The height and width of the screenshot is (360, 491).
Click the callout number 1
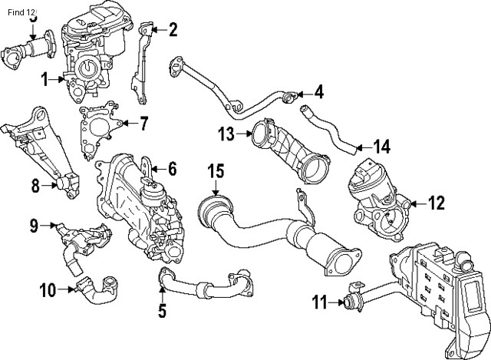[x=45, y=78]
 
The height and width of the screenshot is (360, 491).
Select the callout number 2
[x=173, y=30]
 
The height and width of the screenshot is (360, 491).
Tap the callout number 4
[x=318, y=94]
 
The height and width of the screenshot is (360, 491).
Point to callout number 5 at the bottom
[x=162, y=311]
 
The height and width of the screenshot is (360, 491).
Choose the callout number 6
[x=173, y=168]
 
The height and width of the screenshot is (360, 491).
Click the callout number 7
[x=143, y=122]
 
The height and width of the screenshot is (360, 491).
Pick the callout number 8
[x=35, y=184]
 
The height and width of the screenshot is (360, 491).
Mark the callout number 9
[x=34, y=225]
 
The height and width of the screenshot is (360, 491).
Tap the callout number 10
[x=47, y=289]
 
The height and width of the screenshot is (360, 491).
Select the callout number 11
[x=321, y=302]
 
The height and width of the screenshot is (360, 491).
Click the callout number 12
[x=436, y=203]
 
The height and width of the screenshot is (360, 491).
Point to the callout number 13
[x=225, y=134]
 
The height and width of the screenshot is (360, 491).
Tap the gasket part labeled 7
[x=97, y=127]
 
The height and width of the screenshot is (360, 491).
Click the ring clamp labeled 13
[x=260, y=135]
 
